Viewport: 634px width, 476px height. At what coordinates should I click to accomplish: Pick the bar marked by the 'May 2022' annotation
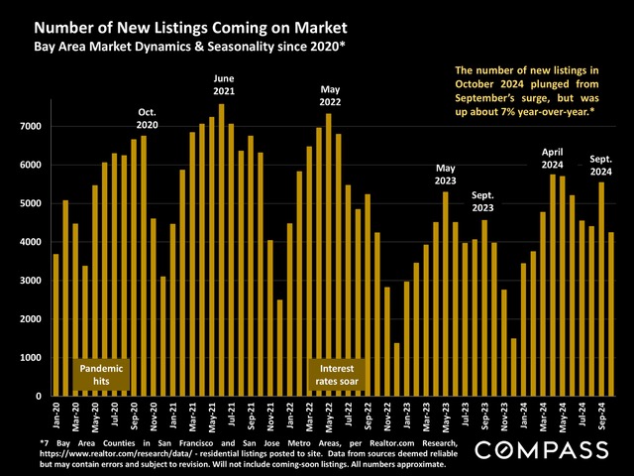329,254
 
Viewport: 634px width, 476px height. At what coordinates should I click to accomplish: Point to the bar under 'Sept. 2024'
601,289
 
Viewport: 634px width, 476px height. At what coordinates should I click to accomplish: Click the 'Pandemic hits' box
102,372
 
